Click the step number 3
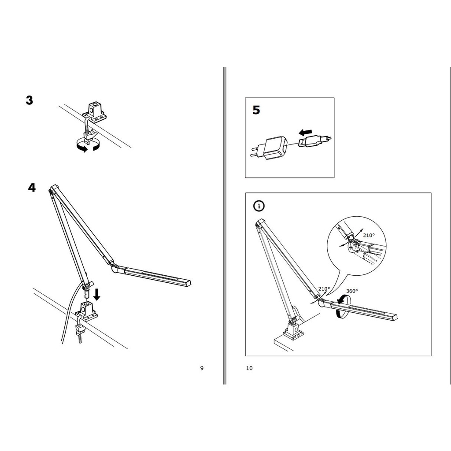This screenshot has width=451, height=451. [30, 100]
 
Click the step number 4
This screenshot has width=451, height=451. [32, 188]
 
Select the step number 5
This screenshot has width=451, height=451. [256, 110]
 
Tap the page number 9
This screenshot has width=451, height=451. [202, 368]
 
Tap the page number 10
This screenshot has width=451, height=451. [249, 368]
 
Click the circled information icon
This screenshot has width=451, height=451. [259, 206]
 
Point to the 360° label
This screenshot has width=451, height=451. [352, 291]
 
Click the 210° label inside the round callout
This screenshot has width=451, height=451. [369, 235]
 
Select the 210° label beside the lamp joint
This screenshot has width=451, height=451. [324, 289]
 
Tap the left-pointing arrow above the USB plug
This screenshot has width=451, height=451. [305, 132]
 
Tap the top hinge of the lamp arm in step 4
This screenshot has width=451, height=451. [53, 189]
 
